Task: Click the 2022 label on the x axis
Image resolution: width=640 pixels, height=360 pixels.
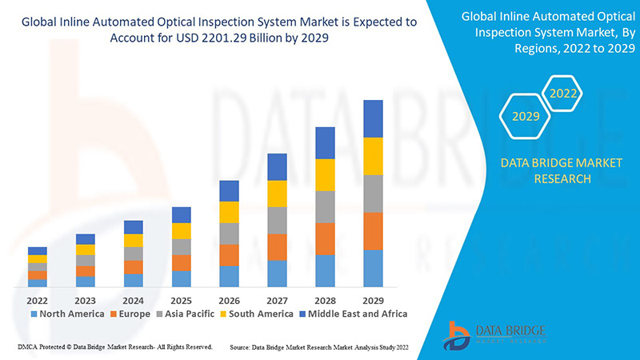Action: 38,300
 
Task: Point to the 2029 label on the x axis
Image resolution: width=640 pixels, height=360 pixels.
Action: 373,300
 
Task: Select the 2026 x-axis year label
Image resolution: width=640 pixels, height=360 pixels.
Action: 229,300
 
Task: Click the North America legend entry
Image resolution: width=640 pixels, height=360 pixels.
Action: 67,314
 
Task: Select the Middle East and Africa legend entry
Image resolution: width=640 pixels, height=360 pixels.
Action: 352,314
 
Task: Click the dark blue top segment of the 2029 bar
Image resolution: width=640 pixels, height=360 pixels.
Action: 373,118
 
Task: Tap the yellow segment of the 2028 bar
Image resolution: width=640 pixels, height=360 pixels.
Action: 325,174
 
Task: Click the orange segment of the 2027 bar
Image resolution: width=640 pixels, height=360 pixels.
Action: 277,247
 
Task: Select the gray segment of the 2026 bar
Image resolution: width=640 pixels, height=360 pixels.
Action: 229,233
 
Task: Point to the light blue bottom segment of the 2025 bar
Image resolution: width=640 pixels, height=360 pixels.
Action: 182,278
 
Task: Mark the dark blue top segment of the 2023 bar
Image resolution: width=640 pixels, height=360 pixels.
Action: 86,238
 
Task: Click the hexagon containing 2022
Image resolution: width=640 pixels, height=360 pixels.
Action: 562,94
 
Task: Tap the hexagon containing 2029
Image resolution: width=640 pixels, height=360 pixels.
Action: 526,117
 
